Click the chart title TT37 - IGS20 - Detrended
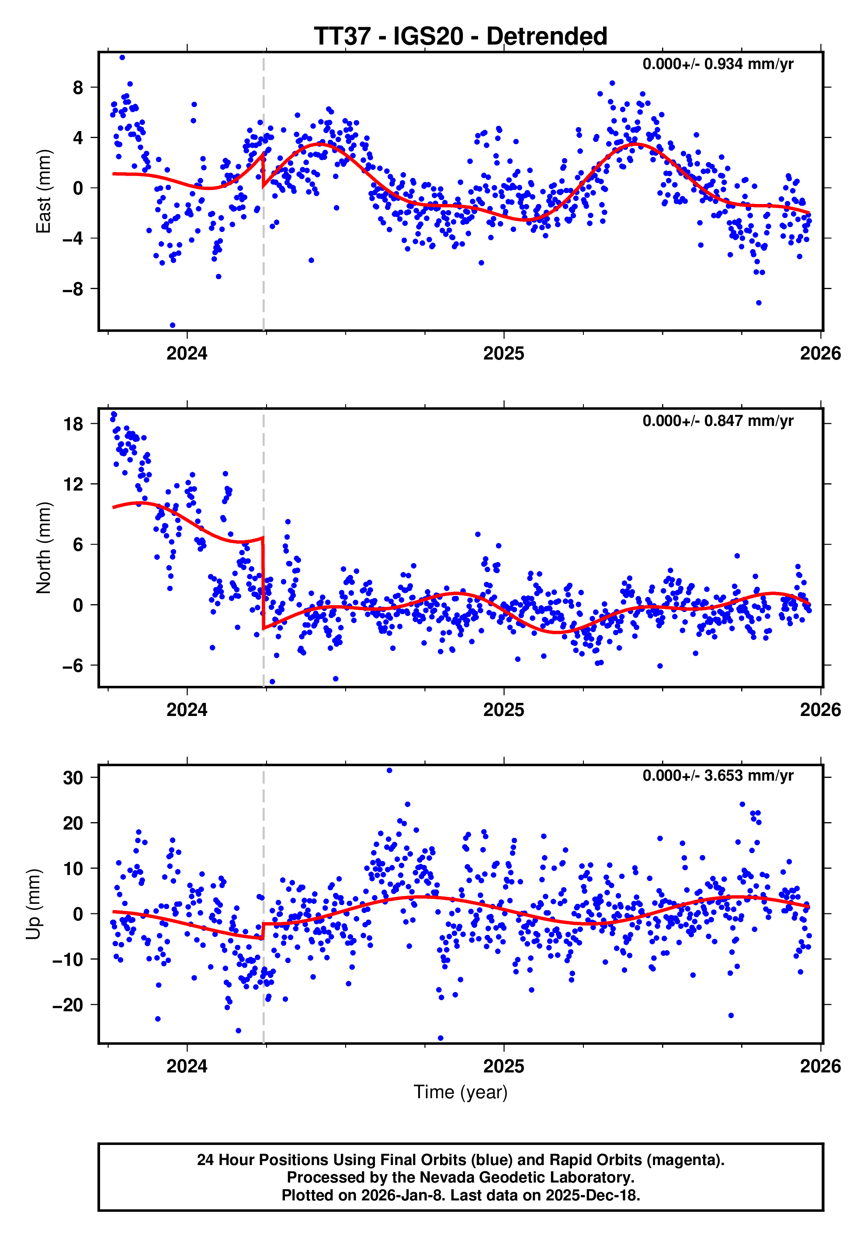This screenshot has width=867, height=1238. point(460,36)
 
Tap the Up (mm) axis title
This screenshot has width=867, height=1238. point(34,904)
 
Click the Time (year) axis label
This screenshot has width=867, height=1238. point(460,1091)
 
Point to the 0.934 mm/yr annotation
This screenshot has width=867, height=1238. point(718,64)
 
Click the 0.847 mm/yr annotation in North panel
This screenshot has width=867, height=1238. point(718,421)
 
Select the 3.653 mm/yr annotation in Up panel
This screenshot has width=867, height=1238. point(718,775)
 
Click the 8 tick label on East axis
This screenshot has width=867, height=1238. point(78,87)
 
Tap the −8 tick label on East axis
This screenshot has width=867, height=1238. point(73,289)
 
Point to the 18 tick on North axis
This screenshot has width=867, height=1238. point(73,424)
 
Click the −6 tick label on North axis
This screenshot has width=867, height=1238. point(73,666)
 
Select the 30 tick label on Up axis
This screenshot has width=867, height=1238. point(73,778)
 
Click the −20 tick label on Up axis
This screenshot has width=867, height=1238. point(68,1005)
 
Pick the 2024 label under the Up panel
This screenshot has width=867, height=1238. point(187,1066)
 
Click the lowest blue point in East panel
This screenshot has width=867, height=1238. point(173,325)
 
